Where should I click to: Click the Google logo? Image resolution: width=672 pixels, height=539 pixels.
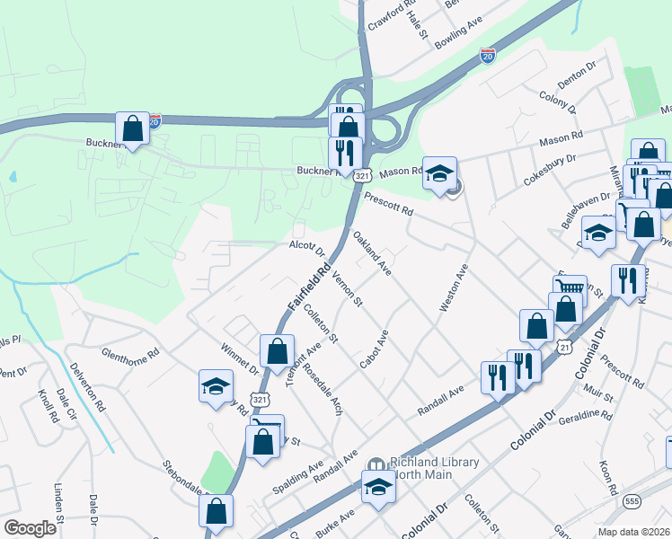click(30, 528)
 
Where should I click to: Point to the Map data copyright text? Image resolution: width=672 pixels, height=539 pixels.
click(633, 532)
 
